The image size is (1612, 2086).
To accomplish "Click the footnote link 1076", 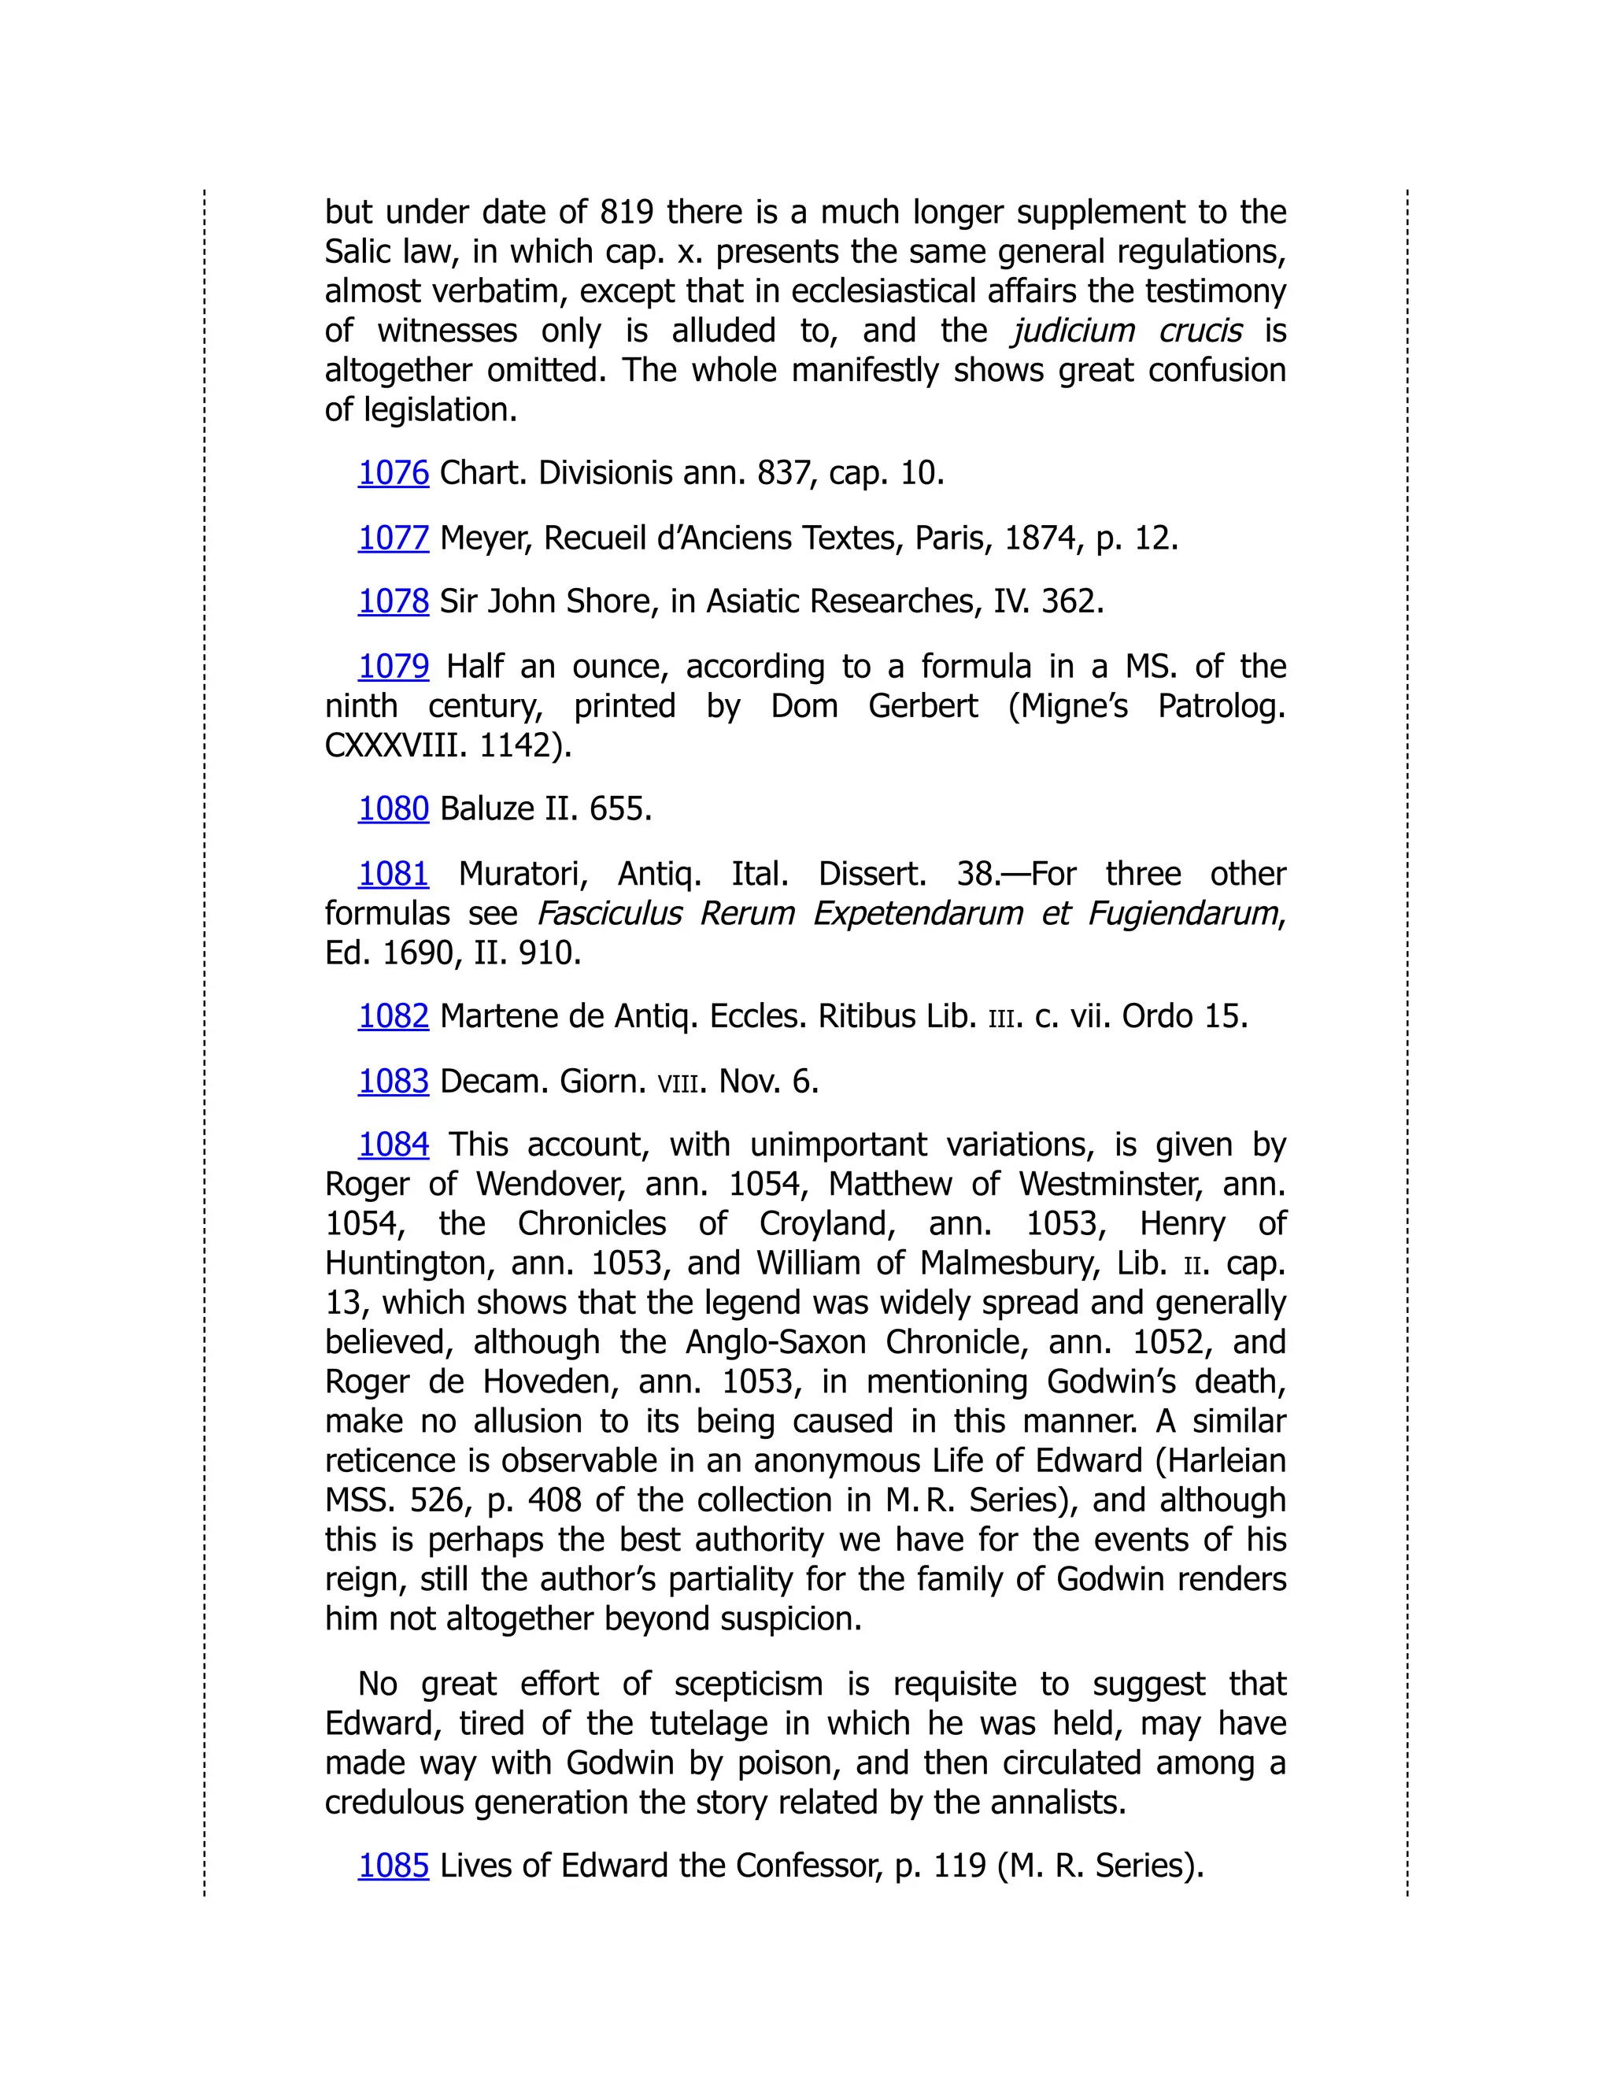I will click(x=393, y=473).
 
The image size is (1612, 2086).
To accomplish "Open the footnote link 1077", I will click(x=393, y=538).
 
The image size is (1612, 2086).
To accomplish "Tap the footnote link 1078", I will click(x=393, y=601).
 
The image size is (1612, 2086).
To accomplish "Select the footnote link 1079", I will click(x=393, y=666).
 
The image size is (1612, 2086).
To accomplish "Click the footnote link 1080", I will click(x=393, y=809).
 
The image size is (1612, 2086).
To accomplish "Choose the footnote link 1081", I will click(x=393, y=873).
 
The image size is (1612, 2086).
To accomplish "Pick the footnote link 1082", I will click(x=393, y=1016).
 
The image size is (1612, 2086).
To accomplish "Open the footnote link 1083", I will click(x=393, y=1082).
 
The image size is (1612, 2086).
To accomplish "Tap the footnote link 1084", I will click(x=393, y=1145).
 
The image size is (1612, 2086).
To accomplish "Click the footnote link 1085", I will click(x=393, y=1866).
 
